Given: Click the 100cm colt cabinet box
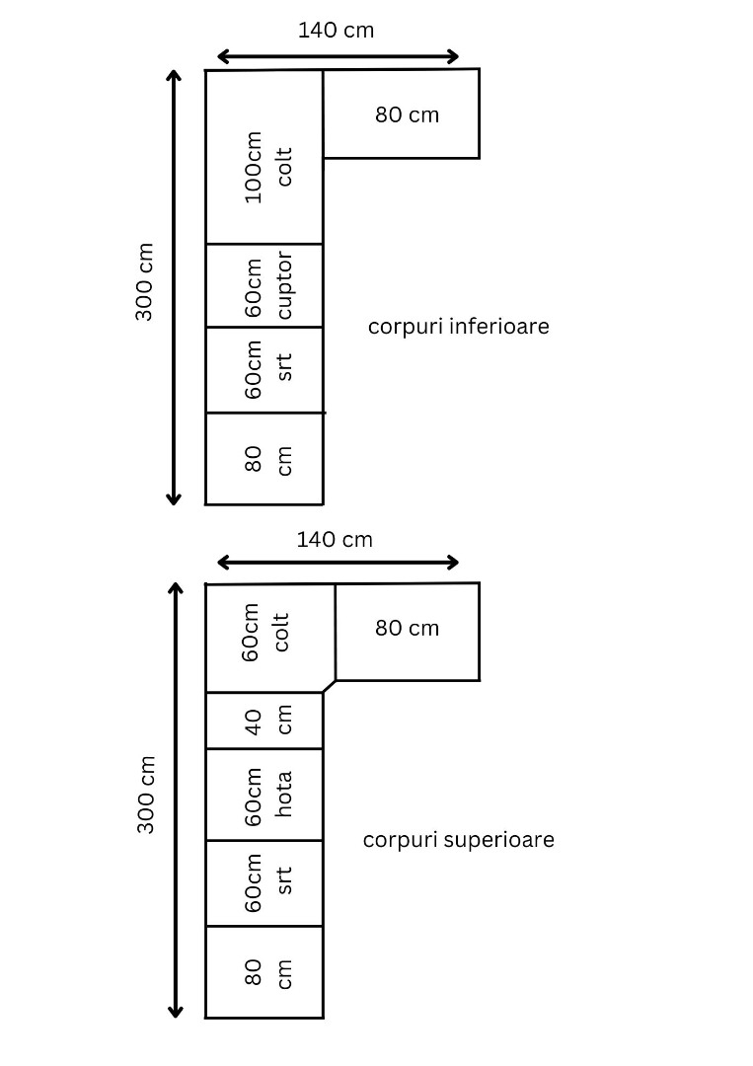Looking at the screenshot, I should point(264,158).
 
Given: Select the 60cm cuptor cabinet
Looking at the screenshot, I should point(264,285).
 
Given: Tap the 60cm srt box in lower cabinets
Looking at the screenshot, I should point(264,369).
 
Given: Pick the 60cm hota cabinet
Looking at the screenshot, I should point(264,795).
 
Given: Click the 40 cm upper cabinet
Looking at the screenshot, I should point(264,721).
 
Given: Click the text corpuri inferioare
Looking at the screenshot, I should point(458,326).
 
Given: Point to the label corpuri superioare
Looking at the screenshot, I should point(458,840).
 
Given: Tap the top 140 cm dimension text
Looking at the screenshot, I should point(336,31).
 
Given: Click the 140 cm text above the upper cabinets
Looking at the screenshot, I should point(335,540).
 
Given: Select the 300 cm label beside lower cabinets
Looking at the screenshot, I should point(144,282).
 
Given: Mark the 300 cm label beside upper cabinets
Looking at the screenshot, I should point(145,795).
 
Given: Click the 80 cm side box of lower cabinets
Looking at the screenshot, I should point(402,114).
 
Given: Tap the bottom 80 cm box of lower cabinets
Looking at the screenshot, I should point(264,459).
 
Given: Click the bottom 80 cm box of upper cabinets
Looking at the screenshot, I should point(264,971).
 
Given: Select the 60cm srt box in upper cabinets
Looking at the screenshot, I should point(264,882).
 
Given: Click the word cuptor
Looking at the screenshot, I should point(284,285).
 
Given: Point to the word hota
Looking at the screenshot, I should point(284,795).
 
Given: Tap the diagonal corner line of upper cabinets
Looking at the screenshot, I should point(329,686).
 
